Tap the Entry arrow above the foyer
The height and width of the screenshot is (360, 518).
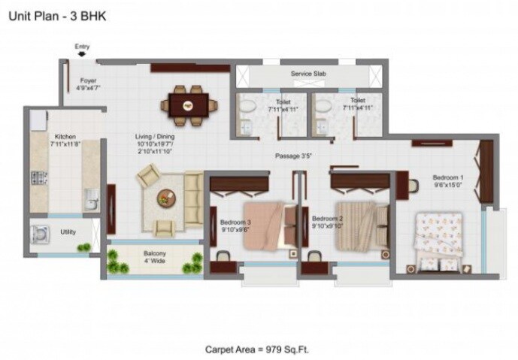coord(82,52)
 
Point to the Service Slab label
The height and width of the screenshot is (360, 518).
coord(307,74)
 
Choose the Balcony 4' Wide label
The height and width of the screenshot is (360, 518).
coord(156,258)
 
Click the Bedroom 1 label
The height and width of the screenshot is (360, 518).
coord(448,180)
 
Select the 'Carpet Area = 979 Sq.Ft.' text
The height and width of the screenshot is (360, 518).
coord(257,349)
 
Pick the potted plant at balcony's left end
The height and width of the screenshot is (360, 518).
coord(114,261)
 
